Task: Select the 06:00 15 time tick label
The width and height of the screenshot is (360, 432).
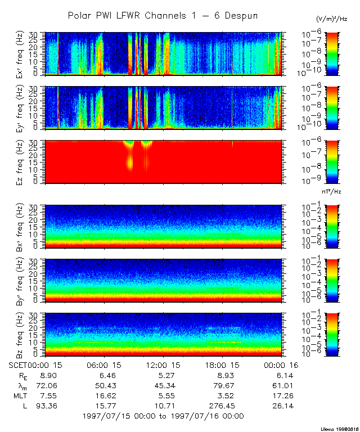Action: point(102,365)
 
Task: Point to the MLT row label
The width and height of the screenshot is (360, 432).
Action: point(20,395)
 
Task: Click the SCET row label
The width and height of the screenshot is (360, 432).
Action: point(20,365)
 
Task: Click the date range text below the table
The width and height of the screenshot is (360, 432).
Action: point(163,416)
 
